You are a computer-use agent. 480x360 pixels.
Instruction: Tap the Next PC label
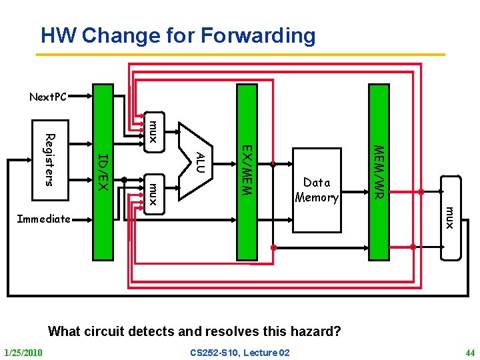point(48,97)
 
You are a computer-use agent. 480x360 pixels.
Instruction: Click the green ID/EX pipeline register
point(103,171)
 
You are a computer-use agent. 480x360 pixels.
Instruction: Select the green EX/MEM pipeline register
point(246,171)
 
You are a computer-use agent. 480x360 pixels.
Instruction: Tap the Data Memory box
point(317,190)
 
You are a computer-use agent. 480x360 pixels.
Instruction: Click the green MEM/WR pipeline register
point(379,171)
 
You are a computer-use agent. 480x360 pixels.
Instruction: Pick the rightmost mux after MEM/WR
point(450,218)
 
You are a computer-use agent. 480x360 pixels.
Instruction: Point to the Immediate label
point(43,219)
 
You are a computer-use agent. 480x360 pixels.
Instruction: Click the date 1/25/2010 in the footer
point(23,352)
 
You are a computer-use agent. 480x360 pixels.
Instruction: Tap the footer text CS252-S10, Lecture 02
point(240,352)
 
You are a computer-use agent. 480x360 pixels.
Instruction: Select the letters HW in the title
point(55,35)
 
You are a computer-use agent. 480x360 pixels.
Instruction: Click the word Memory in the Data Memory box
point(317,197)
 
